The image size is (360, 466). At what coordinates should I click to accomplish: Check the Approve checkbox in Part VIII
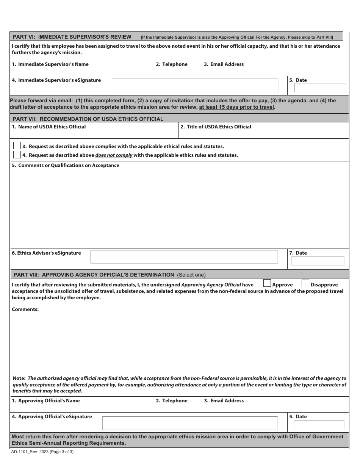pos(267,283)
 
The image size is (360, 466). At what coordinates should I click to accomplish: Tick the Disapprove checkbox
pos(305,283)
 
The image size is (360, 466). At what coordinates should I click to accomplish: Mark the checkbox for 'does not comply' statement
pos(17,155)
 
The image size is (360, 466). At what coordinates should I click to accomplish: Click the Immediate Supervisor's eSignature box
pos(195,86)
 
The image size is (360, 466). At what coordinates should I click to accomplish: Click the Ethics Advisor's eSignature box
pos(184,257)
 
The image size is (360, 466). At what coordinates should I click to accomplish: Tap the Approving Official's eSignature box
pos(190,423)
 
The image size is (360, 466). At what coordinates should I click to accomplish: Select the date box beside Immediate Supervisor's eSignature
pos(320,88)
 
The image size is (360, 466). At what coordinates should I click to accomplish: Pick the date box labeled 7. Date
pos(318,261)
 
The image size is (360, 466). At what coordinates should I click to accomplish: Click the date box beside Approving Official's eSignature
pos(319,425)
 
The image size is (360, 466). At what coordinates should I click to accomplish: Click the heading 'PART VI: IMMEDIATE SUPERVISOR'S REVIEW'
pos(72,37)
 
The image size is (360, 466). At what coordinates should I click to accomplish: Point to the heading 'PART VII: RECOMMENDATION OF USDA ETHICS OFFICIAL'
pos(88,119)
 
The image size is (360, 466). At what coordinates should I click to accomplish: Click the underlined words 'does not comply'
pos(114,155)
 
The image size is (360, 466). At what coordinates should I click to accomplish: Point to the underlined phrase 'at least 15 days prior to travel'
pos(236,107)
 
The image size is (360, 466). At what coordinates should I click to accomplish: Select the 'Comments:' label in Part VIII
pos(25,310)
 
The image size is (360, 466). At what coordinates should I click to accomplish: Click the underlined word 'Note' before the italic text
pos(19,378)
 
